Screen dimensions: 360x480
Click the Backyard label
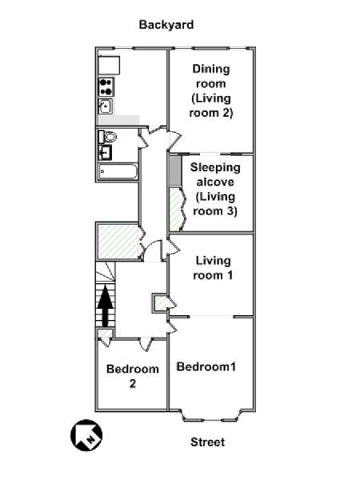coord(166,25)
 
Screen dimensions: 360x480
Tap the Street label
coord(207,442)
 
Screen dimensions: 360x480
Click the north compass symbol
coord(86,435)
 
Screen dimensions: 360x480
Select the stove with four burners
coord(106,87)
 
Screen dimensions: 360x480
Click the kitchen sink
coord(106,106)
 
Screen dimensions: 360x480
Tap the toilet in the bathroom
coord(107,137)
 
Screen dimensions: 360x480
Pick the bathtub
coord(118,171)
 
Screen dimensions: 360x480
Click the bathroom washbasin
coord(105,153)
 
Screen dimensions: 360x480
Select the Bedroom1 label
coord(206,366)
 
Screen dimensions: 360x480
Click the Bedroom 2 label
coord(133,376)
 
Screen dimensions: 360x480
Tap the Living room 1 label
coord(213,268)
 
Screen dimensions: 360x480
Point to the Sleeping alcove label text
coord(215,174)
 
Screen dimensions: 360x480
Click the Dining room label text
coord(211,76)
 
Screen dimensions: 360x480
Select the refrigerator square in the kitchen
coord(109,65)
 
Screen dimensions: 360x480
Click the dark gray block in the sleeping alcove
coord(175,171)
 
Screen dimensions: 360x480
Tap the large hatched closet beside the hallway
coord(118,242)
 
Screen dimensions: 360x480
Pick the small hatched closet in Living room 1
coord(161,303)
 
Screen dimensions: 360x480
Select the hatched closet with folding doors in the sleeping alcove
coord(176,210)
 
